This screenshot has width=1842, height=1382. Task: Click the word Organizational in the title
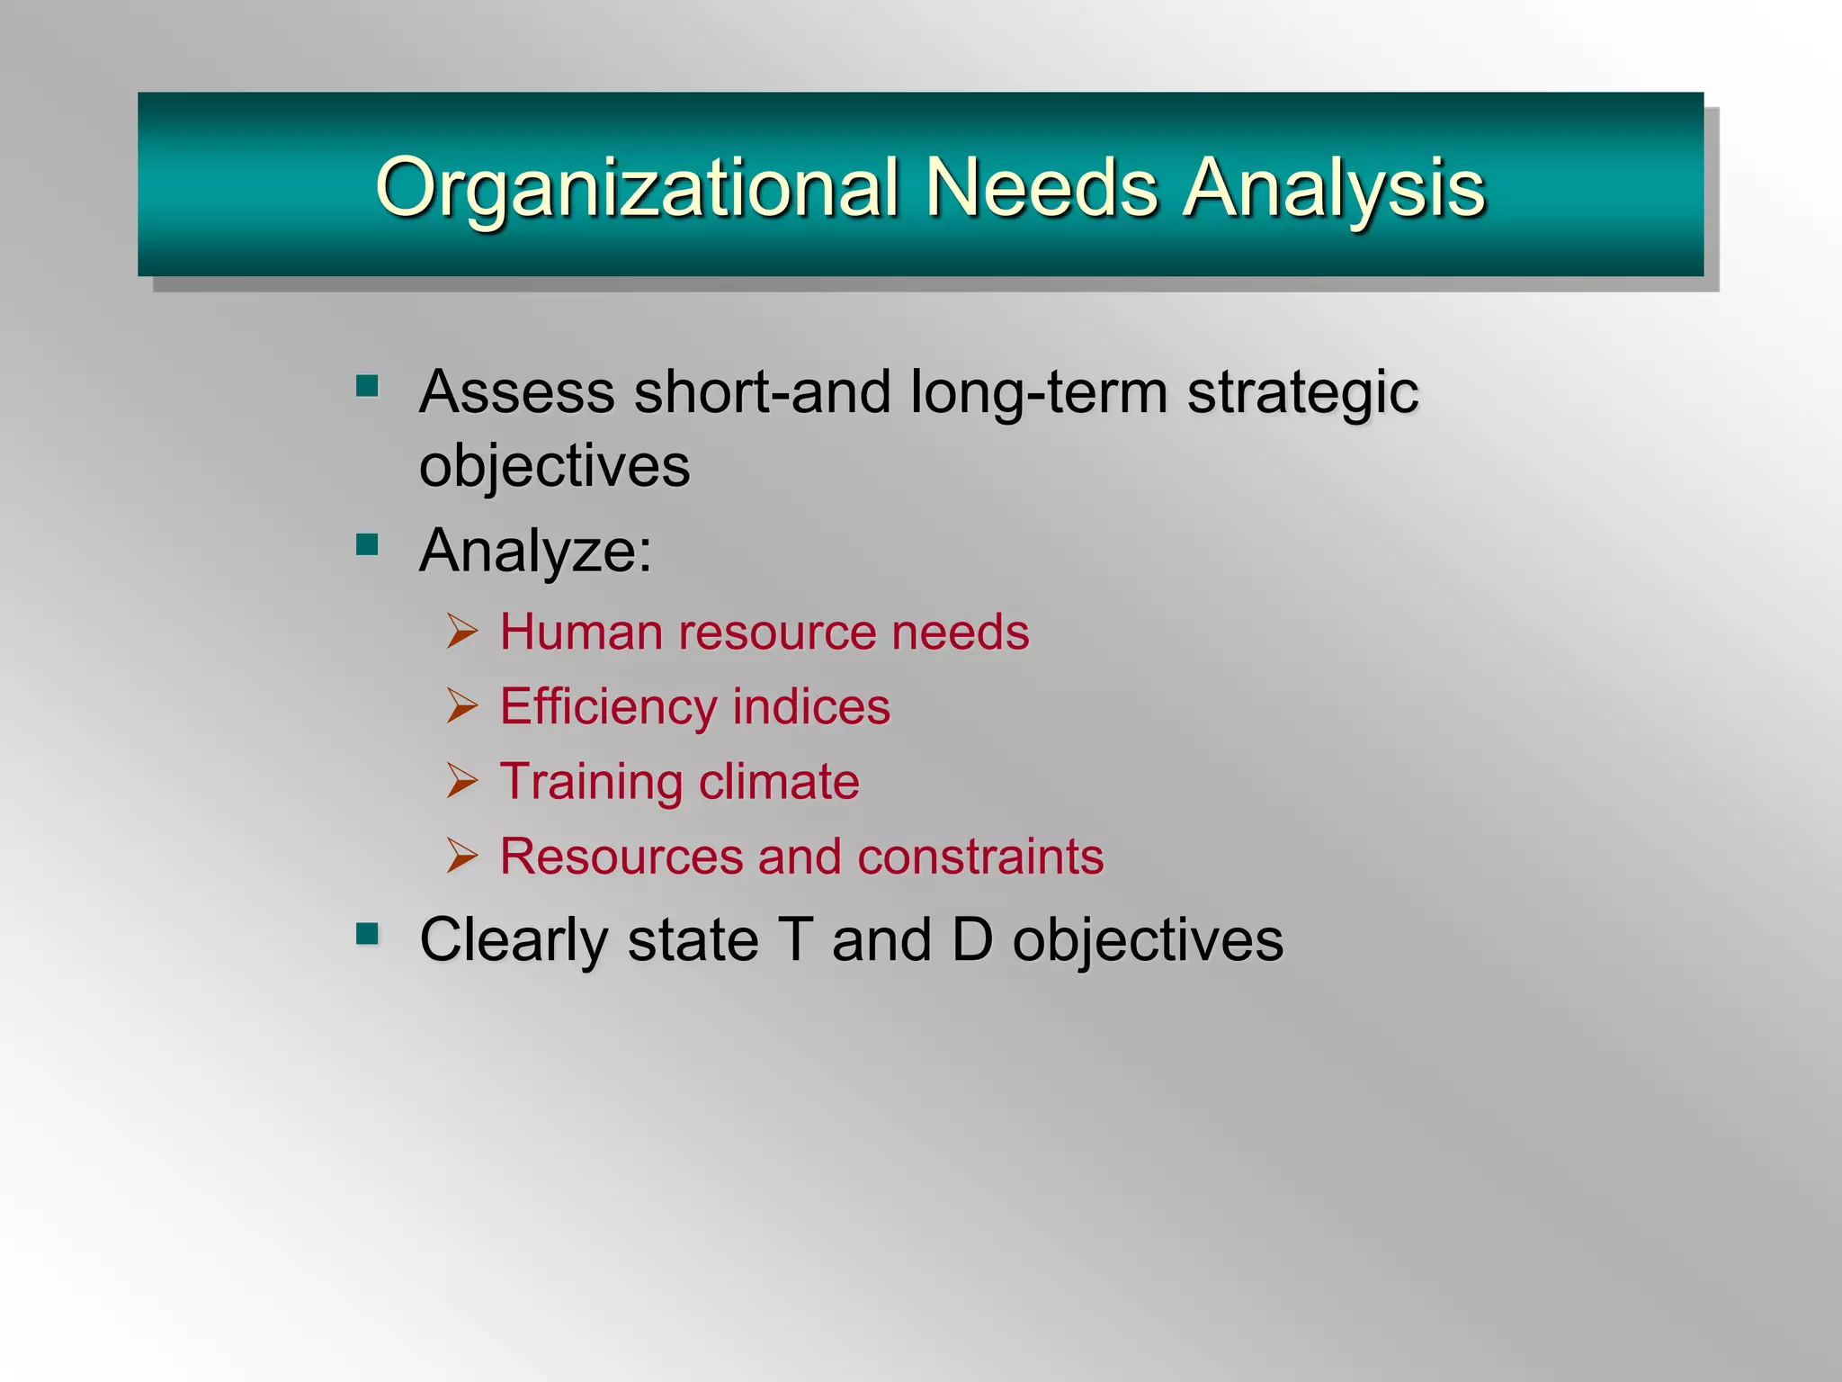[637, 189]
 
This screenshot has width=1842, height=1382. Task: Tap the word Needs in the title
[1042, 187]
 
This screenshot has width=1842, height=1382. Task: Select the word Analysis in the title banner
[1334, 189]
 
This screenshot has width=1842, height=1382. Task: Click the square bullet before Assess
[367, 387]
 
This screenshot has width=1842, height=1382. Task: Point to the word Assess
[517, 392]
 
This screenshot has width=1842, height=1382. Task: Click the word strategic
[1302, 394]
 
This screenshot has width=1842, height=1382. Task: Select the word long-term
[1038, 394]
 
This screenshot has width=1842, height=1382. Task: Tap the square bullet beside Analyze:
[367, 544]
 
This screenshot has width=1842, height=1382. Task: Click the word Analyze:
[536, 551]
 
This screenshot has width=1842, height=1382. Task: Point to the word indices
[811, 706]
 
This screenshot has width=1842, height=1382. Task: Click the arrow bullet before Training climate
[462, 780]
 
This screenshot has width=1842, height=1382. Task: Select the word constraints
[980, 856]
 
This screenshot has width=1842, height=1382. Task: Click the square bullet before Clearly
[367, 935]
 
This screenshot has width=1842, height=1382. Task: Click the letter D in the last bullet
[972, 939]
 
